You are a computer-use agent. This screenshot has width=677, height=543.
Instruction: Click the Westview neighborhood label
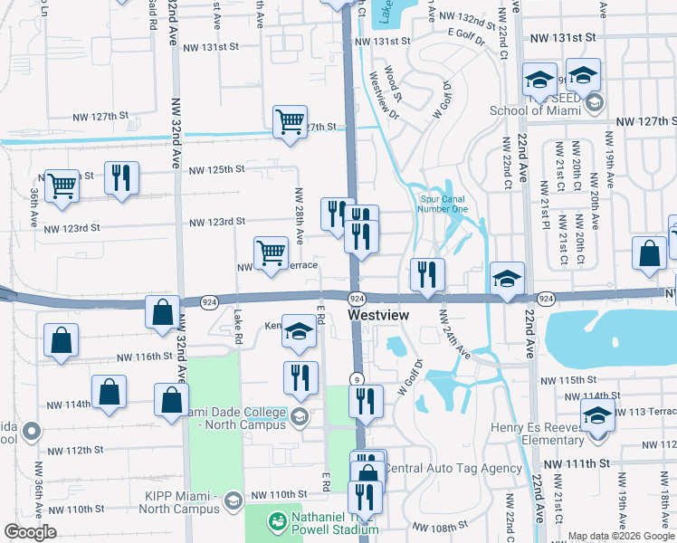click(x=378, y=315)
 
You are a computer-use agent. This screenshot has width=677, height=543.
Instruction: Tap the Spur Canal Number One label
click(x=443, y=205)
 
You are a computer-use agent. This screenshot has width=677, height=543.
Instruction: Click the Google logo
click(x=30, y=532)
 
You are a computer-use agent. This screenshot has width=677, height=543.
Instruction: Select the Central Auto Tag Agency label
click(x=453, y=468)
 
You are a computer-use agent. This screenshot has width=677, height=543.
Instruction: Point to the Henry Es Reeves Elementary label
click(x=537, y=433)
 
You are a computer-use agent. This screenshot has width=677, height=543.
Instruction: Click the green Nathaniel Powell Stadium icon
click(x=276, y=520)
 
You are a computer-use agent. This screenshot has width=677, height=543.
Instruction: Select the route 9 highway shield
click(x=358, y=380)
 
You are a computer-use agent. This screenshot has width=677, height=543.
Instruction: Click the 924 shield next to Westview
click(x=357, y=299)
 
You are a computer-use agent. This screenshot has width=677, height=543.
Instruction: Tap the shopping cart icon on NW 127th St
click(x=290, y=120)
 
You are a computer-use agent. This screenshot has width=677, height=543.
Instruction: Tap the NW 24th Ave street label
click(x=455, y=333)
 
